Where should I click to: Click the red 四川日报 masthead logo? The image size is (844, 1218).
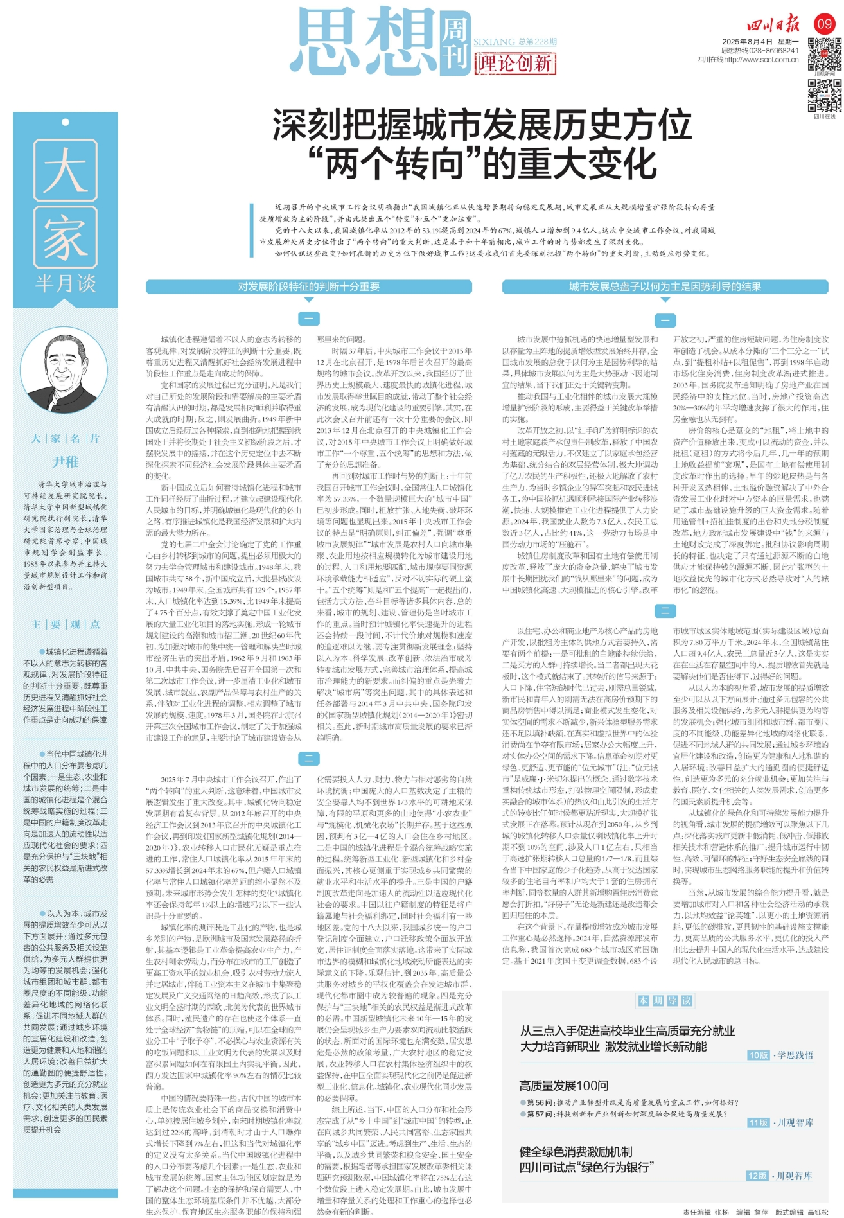pyautogui.click(x=773, y=25)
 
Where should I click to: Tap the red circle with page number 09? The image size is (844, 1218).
pyautogui.click(x=824, y=24)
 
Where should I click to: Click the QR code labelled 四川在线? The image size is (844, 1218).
pyautogui.click(x=824, y=96)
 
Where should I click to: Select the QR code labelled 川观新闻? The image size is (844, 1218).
pyautogui.click(x=824, y=53)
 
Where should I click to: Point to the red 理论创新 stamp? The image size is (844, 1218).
pyautogui.click(x=515, y=64)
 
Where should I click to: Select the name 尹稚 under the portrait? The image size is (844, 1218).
pyautogui.click(x=66, y=462)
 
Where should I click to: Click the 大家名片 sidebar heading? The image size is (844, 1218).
pyautogui.click(x=66, y=438)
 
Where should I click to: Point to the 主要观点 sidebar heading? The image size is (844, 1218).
pyautogui.click(x=66, y=624)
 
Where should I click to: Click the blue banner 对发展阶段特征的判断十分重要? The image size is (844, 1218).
pyautogui.click(x=308, y=287)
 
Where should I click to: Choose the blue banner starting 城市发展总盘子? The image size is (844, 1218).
pyautogui.click(x=665, y=287)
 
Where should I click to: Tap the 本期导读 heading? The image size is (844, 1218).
pyautogui.click(x=665, y=1000)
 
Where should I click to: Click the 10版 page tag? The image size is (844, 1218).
pyautogui.click(x=758, y=1055)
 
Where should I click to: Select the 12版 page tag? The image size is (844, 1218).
pyautogui.click(x=757, y=1176)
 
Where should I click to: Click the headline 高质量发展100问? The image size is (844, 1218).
pyautogui.click(x=563, y=1085)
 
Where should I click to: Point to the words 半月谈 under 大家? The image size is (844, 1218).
pyautogui.click(x=66, y=283)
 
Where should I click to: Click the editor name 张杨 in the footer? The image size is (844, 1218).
pyautogui.click(x=721, y=1212)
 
